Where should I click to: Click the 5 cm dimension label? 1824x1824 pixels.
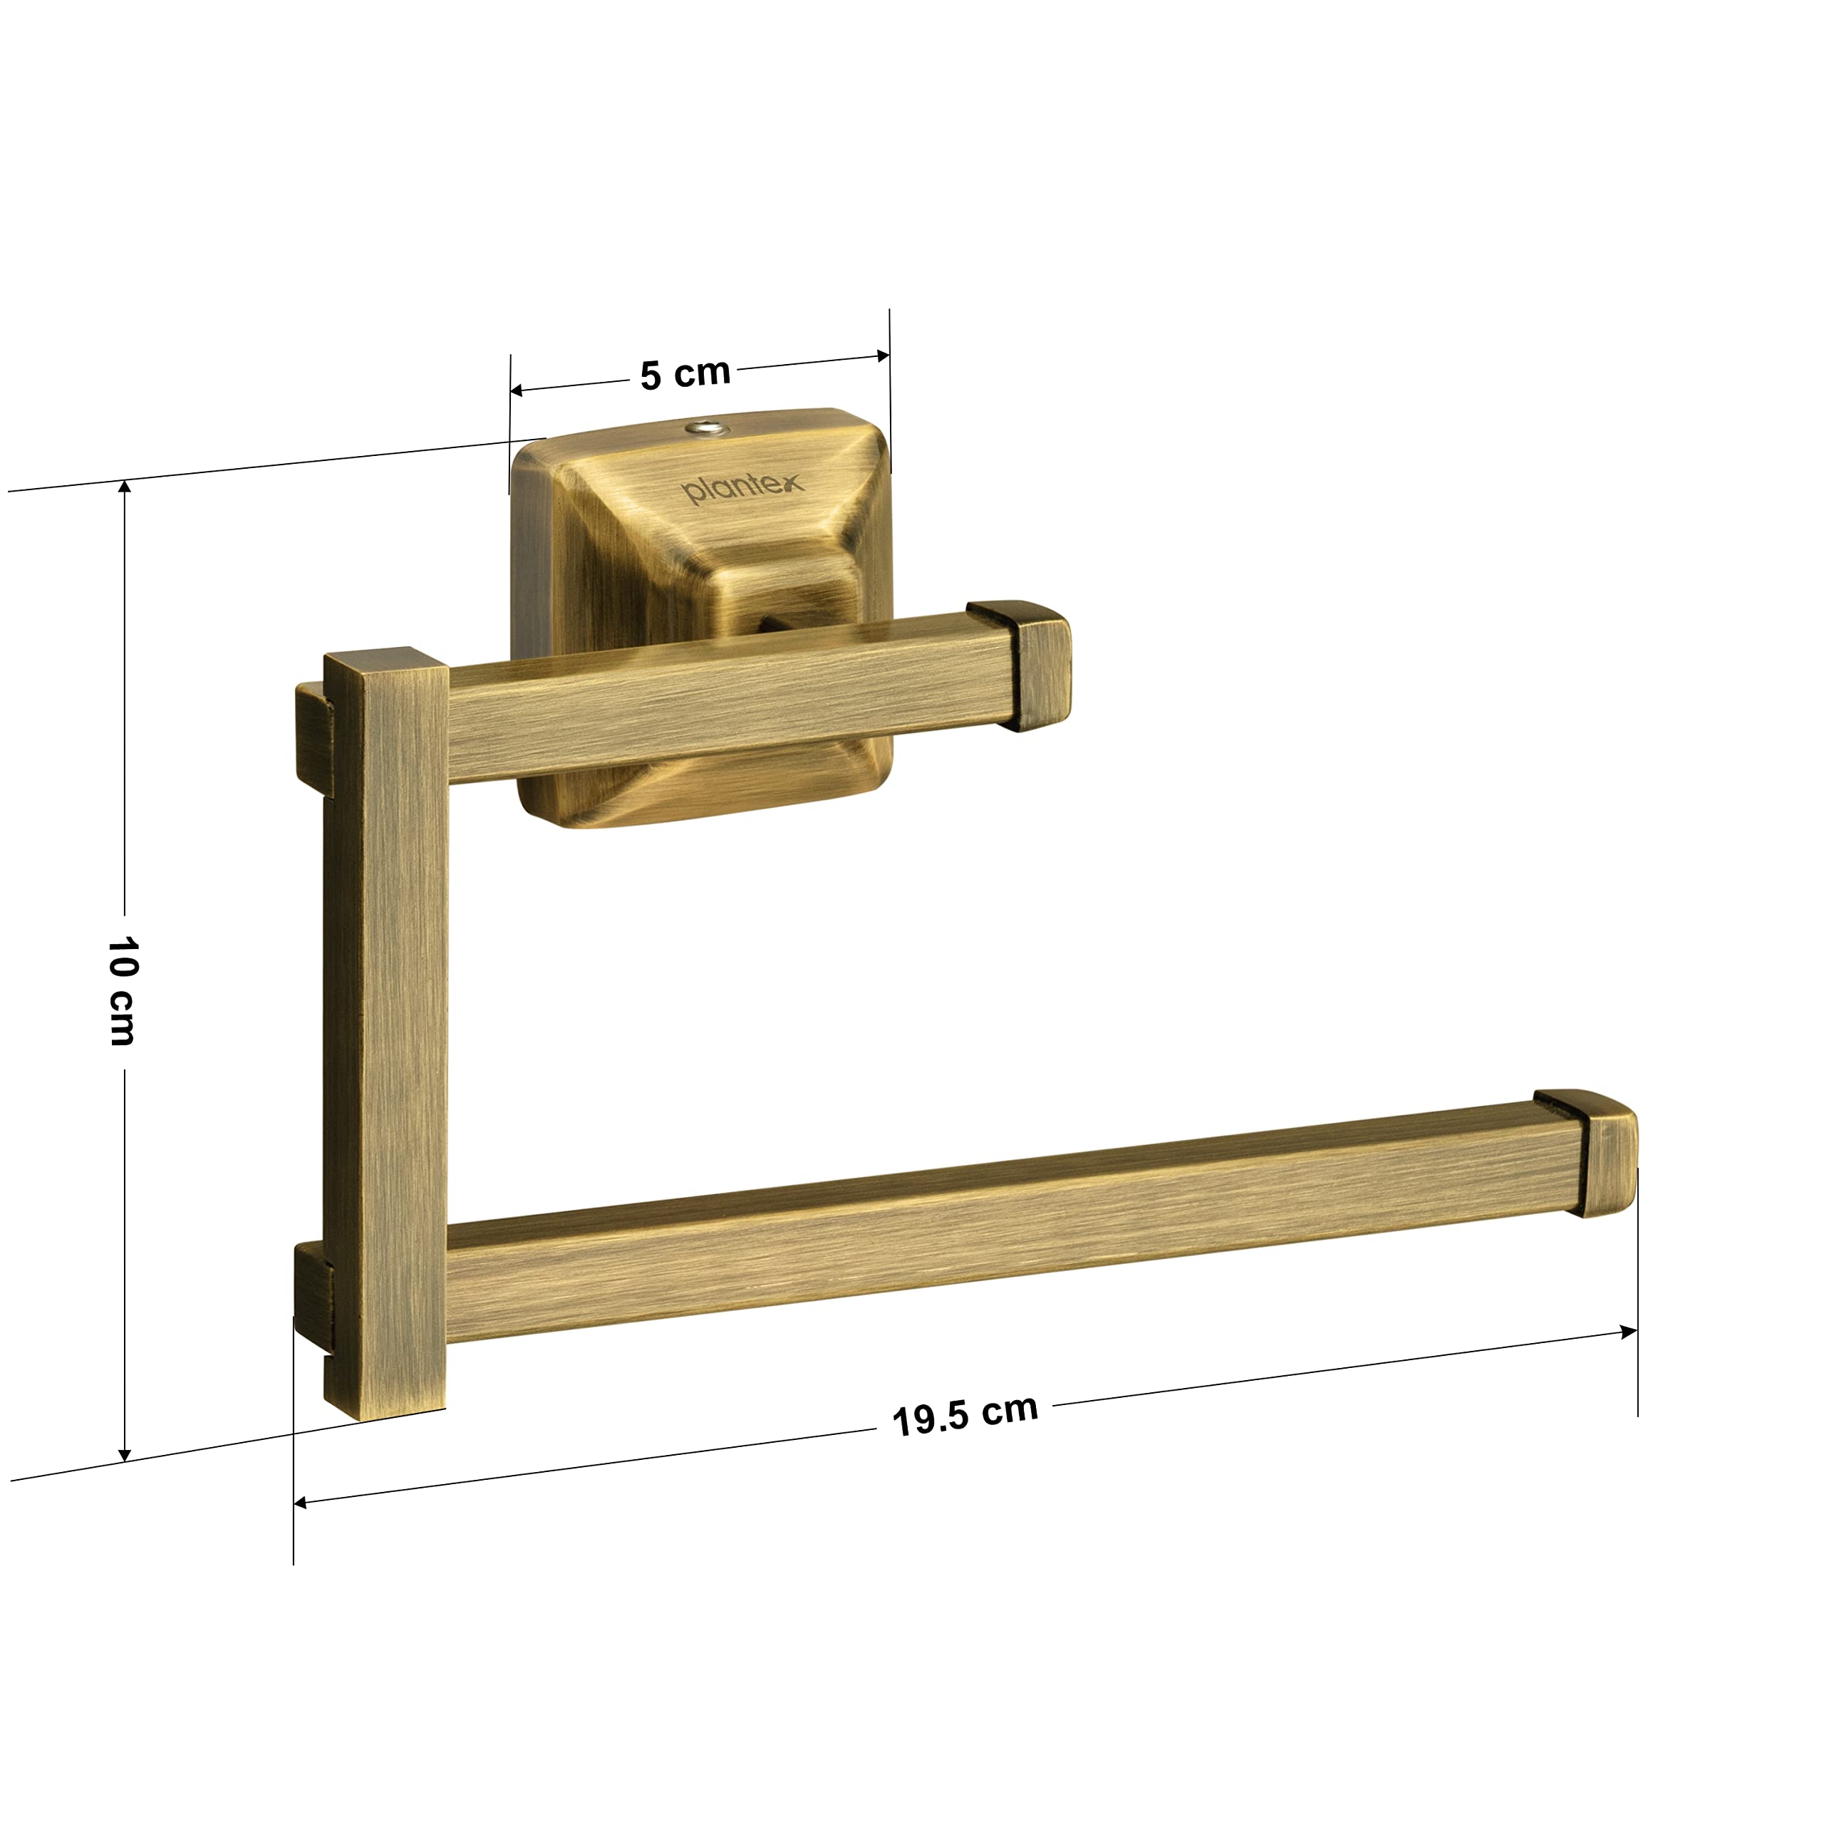685,374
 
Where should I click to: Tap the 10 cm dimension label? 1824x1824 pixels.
122,991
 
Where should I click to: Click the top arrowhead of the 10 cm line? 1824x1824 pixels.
124,489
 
